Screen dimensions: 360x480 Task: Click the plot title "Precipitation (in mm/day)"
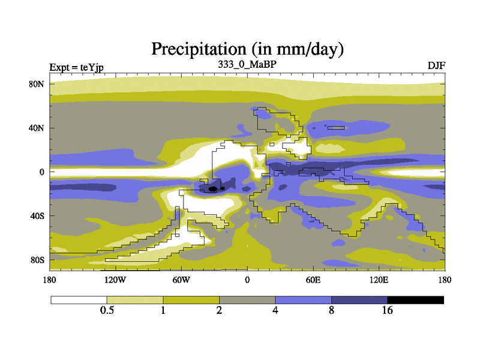(x=247, y=47)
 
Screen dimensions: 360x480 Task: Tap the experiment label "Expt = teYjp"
(x=76, y=66)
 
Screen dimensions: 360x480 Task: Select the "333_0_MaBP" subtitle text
(x=247, y=64)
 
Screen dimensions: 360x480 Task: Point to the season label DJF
(x=436, y=65)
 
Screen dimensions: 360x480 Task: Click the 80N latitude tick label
(x=38, y=83)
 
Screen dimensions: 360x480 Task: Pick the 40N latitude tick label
(x=38, y=128)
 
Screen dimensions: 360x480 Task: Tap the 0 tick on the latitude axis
(x=42, y=172)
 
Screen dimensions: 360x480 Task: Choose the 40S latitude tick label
(x=38, y=215)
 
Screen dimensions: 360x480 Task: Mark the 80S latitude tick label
(x=38, y=260)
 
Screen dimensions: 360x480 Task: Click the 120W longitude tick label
(x=115, y=280)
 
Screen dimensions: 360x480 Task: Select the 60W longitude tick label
(x=181, y=280)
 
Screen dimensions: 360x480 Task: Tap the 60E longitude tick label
(x=313, y=280)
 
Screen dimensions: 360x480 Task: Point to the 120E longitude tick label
(x=379, y=280)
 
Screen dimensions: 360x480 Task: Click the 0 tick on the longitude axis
(x=247, y=280)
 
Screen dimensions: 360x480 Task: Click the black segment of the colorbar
(x=415, y=300)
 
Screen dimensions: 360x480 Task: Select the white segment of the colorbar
(x=79, y=300)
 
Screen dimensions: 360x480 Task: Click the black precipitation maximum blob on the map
(x=213, y=189)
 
